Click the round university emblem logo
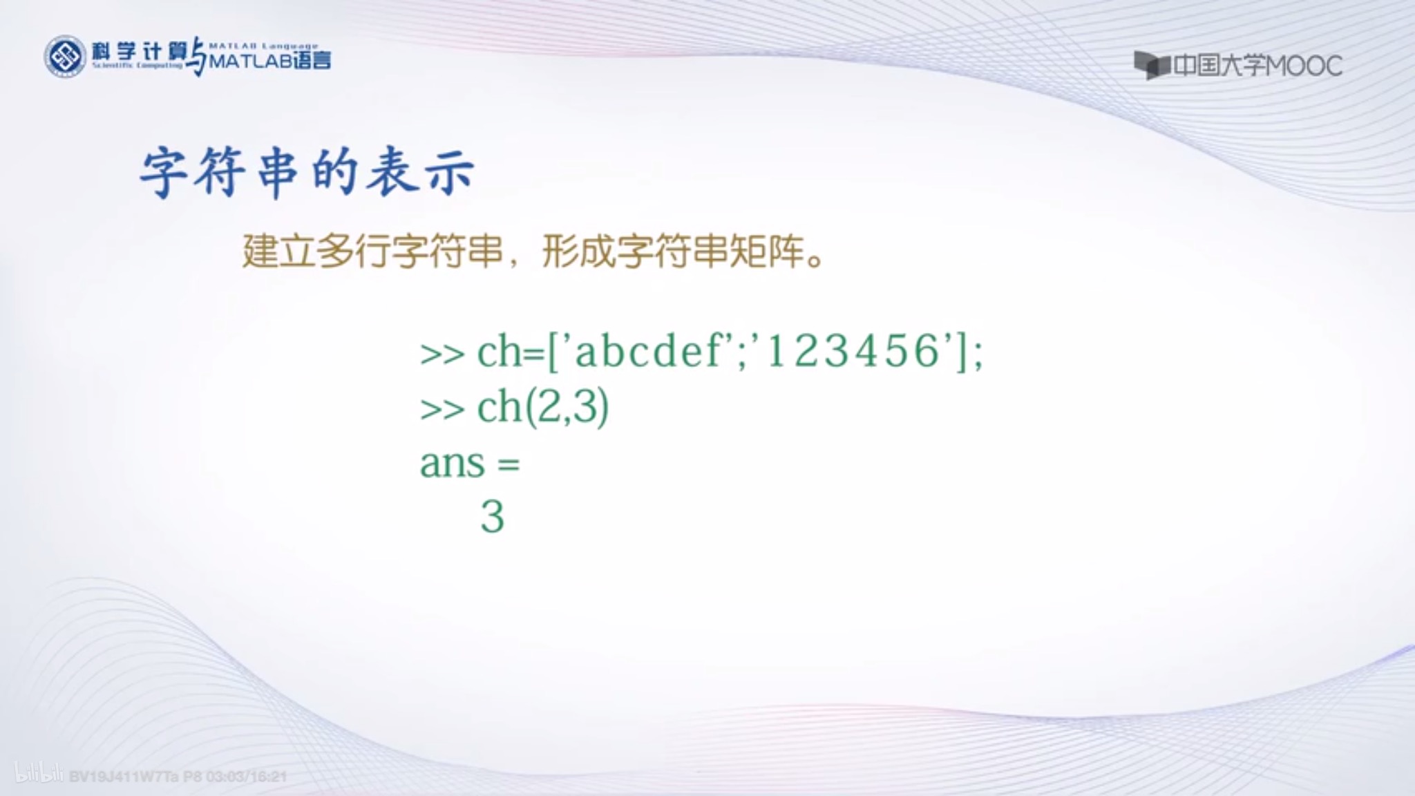click(x=66, y=57)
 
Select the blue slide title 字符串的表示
click(x=307, y=172)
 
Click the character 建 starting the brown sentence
click(x=260, y=251)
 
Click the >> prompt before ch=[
click(x=442, y=354)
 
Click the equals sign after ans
click(x=508, y=464)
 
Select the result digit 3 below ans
click(x=492, y=517)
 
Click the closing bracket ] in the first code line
click(x=962, y=352)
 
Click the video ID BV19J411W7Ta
click(x=124, y=777)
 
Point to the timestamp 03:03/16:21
click(x=247, y=777)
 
